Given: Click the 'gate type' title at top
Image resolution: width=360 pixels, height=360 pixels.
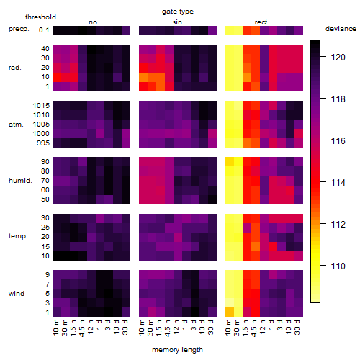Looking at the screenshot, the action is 178,12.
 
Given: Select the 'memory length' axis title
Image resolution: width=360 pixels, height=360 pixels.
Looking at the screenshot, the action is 177,350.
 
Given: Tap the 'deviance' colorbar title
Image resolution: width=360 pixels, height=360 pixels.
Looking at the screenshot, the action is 341,29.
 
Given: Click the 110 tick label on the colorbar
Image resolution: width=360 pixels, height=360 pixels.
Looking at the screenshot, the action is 338,266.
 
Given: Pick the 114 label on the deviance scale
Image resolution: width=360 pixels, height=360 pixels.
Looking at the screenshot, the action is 338,183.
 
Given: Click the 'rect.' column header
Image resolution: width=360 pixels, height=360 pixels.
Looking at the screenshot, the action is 262,22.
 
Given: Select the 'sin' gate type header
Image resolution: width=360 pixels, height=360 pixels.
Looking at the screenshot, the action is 177,22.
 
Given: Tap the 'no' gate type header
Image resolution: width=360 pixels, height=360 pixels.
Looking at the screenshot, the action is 93,22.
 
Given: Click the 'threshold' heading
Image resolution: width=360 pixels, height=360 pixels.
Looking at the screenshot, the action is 40,17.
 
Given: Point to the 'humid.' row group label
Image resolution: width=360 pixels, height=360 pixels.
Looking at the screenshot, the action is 20,180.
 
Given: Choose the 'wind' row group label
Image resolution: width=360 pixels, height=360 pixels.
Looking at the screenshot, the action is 17,294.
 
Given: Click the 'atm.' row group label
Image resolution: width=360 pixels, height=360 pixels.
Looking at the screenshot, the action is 16,125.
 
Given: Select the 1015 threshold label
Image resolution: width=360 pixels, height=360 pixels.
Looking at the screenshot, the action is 41,106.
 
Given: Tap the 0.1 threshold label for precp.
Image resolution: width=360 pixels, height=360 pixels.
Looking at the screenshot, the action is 44,30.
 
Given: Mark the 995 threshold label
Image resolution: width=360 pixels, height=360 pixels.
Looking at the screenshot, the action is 43,143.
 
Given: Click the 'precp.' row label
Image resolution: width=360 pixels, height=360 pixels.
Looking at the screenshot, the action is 19,29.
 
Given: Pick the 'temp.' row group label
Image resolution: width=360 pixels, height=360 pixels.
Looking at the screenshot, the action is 18,236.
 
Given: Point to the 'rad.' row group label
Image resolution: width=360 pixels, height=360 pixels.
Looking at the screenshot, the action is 15,68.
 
